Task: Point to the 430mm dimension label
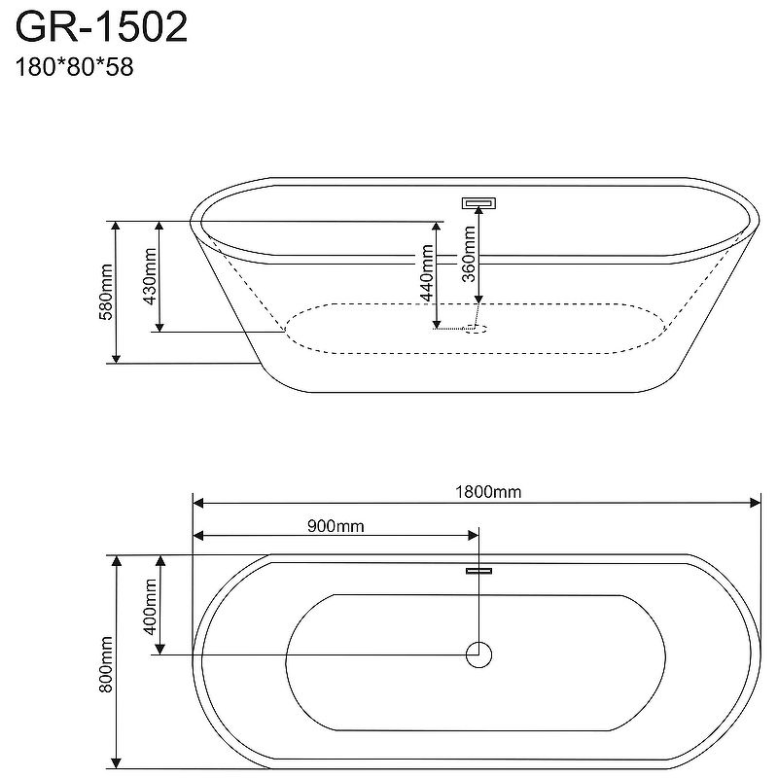151,275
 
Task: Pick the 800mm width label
107,661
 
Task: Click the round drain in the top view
478,654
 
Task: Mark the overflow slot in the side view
478,203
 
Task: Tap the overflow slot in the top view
478,571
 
